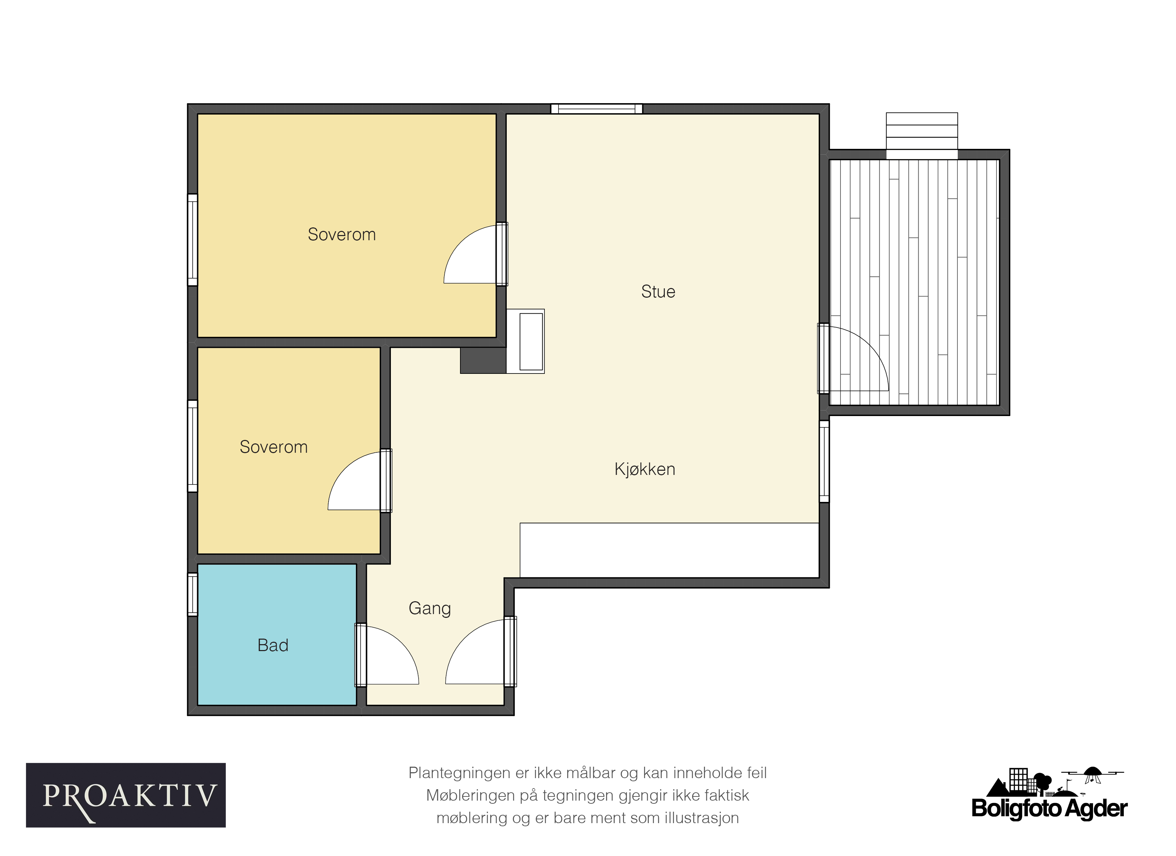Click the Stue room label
click(658, 291)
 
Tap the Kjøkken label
click(644, 469)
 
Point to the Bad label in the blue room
click(273, 645)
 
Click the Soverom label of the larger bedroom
click(342, 234)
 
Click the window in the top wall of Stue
click(596, 108)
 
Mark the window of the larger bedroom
click(192, 240)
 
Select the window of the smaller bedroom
click(192, 445)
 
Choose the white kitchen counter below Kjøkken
click(669, 550)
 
